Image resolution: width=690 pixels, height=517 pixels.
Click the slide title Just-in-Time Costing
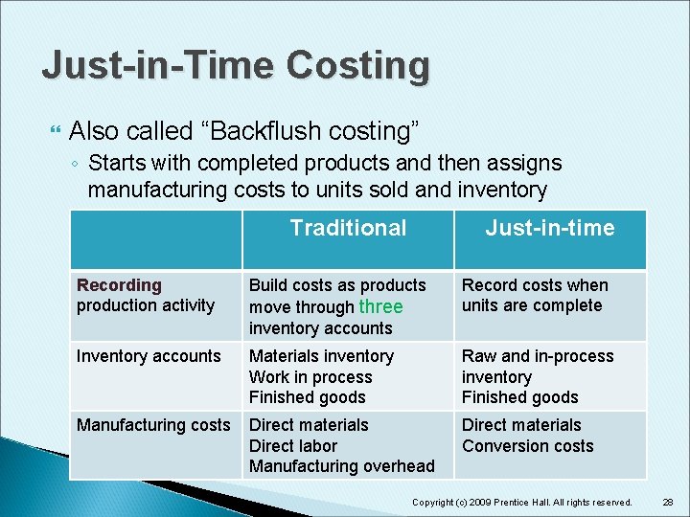point(236,65)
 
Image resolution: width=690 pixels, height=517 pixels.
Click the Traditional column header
point(348,228)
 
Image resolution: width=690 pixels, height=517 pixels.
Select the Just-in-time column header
point(549,228)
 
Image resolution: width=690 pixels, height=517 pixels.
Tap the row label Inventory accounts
point(149,356)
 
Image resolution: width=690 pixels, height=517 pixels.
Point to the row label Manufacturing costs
point(153,425)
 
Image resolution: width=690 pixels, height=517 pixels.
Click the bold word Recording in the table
point(119,285)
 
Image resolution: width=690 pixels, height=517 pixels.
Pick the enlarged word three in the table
point(380,306)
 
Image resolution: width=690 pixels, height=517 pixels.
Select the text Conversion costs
point(527,446)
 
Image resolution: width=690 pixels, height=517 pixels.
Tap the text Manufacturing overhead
point(341,466)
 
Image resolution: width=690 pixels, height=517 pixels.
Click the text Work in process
point(310,377)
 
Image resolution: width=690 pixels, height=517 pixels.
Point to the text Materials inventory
point(321,356)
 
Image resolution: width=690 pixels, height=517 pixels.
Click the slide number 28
point(667,502)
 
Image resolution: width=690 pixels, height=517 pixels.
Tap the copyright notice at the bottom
point(521,503)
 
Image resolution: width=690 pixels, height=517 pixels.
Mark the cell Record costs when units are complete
point(534,296)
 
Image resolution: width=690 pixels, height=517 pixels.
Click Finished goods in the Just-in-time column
point(519,397)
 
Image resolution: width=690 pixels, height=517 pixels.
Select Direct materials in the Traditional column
point(309,425)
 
